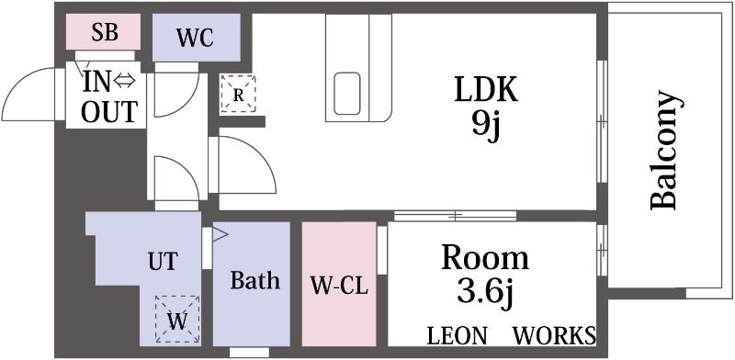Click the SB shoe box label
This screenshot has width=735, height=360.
[105, 32]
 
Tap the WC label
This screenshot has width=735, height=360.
[195, 38]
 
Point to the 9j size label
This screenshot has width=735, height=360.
[486, 126]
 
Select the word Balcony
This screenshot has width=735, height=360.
[664, 150]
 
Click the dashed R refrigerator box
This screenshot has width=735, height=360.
[238, 94]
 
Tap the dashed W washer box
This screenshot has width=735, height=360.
[177, 320]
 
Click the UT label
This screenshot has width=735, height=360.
[164, 261]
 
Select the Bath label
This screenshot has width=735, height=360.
[255, 280]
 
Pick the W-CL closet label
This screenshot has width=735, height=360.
[339, 286]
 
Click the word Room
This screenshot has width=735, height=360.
[485, 257]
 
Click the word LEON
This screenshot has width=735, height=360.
[457, 335]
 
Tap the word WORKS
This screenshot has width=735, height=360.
[555, 335]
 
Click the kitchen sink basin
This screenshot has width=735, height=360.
[347, 94]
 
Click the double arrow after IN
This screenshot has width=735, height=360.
[124, 82]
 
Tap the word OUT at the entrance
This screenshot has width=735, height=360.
[109, 111]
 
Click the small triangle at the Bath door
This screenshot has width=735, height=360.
[220, 234]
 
